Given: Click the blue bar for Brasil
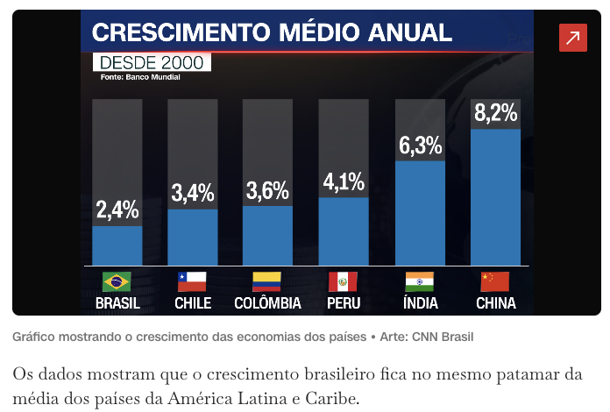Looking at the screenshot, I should pyautogui.click(x=117, y=245).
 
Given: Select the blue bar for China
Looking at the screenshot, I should pyautogui.click(x=495, y=197).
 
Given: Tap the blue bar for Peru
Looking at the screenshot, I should pyautogui.click(x=343, y=231).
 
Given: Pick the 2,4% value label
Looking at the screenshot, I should pyautogui.click(x=117, y=210).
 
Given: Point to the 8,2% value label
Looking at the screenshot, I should pyautogui.click(x=496, y=113).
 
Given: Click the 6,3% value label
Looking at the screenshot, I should pyautogui.click(x=420, y=145).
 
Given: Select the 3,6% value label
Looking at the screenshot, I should pyautogui.click(x=267, y=191).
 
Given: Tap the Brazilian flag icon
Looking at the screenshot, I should pyautogui.click(x=117, y=281).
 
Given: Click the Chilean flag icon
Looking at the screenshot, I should pyautogui.click(x=192, y=281).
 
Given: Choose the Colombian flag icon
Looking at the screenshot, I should pyautogui.click(x=267, y=281).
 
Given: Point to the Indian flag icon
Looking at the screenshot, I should pyautogui.click(x=420, y=281).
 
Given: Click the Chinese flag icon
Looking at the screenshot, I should pyautogui.click(x=495, y=281).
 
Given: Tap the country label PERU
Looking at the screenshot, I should pyautogui.click(x=343, y=303).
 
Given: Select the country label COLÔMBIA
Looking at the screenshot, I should pyautogui.click(x=267, y=303).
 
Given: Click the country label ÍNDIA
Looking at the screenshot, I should pyautogui.click(x=420, y=303).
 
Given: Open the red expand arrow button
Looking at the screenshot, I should pyautogui.click(x=573, y=38).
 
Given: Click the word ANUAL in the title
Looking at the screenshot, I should pyautogui.click(x=410, y=33).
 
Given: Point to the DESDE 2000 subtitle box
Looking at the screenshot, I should pyautogui.click(x=151, y=62).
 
